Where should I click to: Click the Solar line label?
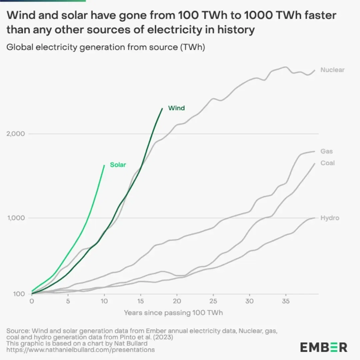point(118,165)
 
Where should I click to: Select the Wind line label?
point(176,108)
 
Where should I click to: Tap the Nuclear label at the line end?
point(332,70)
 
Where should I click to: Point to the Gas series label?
point(326,151)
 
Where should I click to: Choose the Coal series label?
point(327,163)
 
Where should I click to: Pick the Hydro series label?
point(330,218)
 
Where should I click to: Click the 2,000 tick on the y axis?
point(16,134)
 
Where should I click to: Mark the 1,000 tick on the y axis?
point(16,218)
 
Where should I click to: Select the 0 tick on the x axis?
point(32,301)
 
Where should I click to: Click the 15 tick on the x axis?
point(141,301)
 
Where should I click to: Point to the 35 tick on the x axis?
point(286,301)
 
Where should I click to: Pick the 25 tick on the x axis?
point(213,301)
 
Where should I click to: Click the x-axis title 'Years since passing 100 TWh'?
point(173,313)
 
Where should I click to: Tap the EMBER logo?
point(324,347)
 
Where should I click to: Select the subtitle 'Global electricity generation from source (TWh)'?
point(106,47)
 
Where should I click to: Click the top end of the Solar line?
point(104,165)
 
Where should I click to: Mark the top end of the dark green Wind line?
point(162,108)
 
